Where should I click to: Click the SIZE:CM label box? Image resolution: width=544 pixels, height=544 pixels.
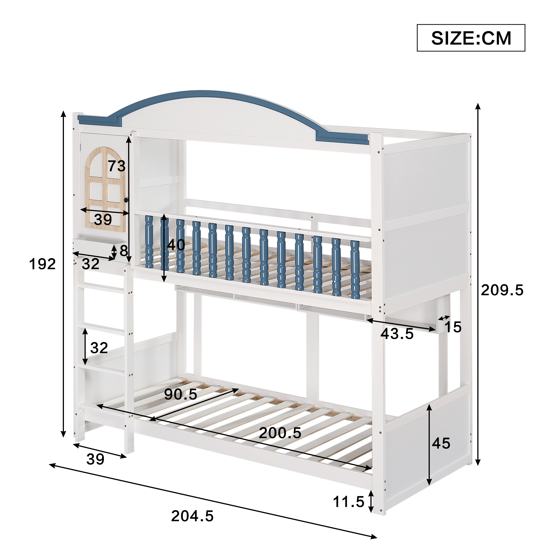(471, 38)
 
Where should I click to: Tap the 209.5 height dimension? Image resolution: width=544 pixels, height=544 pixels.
(502, 290)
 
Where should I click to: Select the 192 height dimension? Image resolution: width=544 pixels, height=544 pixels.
(42, 264)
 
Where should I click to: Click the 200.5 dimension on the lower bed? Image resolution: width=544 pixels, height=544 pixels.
(280, 433)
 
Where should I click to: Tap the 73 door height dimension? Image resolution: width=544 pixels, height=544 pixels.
(117, 166)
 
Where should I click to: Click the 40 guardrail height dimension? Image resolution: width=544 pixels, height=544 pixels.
(176, 245)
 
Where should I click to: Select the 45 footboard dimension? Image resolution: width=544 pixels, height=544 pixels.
(441, 443)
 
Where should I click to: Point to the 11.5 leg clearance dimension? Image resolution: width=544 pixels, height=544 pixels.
(349, 502)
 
